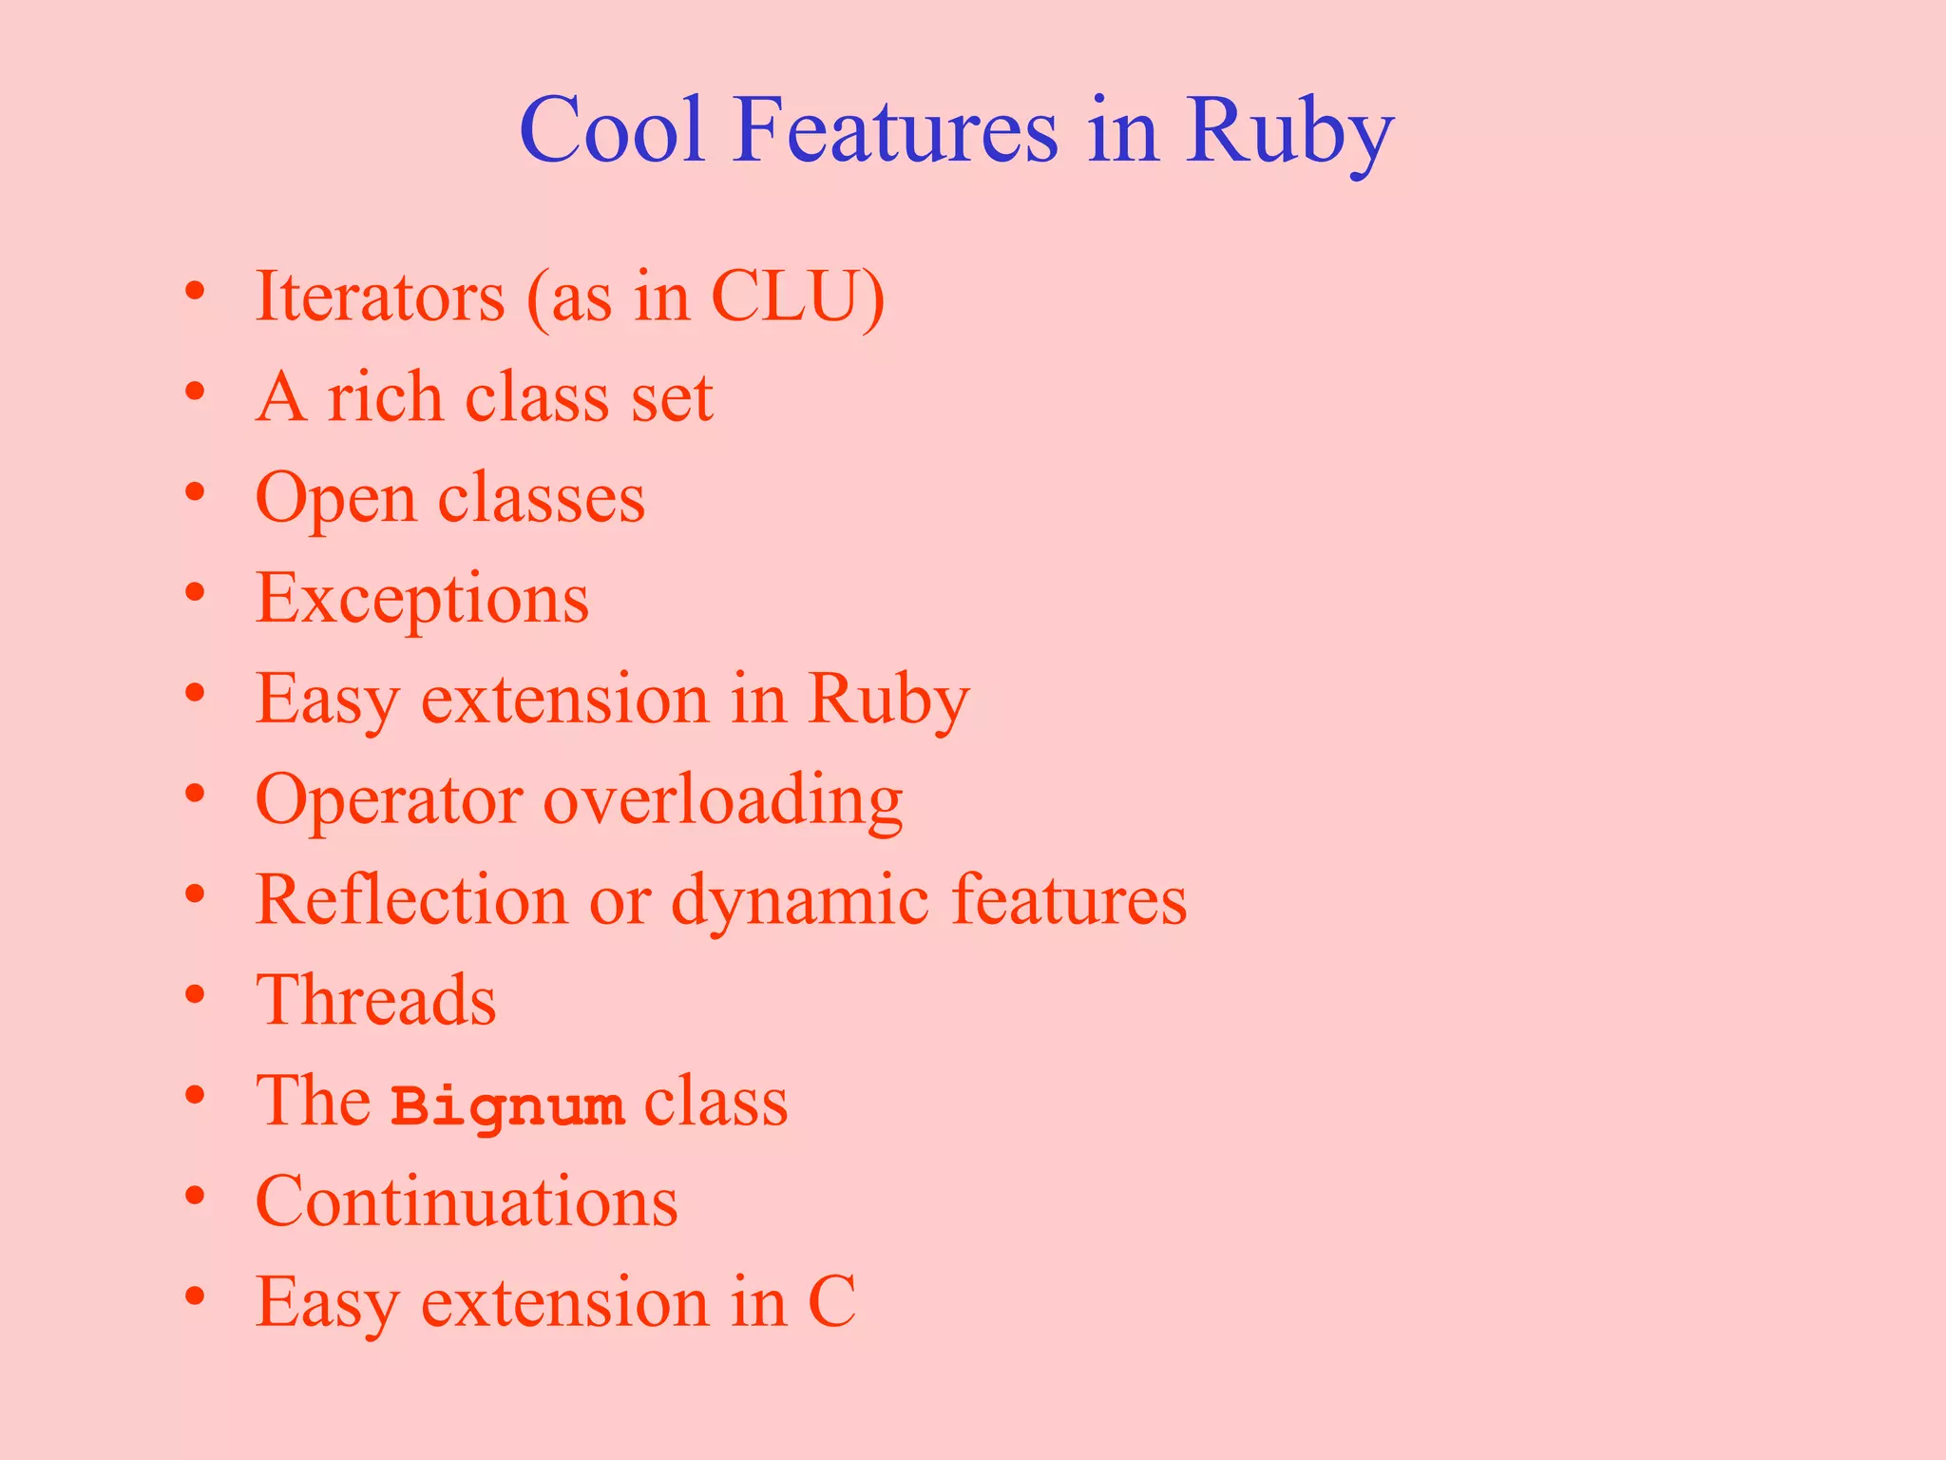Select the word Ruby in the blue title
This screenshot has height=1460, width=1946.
tap(1288, 133)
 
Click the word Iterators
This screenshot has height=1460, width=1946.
tap(380, 297)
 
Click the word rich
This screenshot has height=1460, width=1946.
tap(385, 396)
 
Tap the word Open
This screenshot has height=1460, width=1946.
tap(335, 498)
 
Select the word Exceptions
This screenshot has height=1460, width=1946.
tap(422, 600)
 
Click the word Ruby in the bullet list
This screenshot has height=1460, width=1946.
tap(888, 700)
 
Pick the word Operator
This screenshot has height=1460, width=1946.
tap(389, 800)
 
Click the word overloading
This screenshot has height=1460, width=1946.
tap(722, 800)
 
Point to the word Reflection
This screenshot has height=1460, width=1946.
tap(411, 900)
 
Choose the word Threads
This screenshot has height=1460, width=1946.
tap(376, 1000)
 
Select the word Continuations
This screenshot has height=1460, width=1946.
tap(467, 1201)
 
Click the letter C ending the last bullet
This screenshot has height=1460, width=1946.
tap(831, 1302)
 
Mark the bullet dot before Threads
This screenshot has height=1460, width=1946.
tap(195, 995)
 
